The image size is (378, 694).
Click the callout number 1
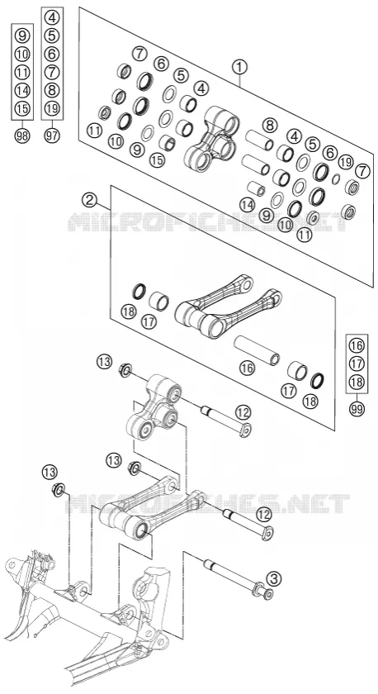pyautogui.click(x=239, y=67)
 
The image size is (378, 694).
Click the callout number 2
pyautogui.click(x=89, y=200)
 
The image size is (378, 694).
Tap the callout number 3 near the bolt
pyautogui.click(x=274, y=578)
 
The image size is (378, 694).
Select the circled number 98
pyautogui.click(x=21, y=135)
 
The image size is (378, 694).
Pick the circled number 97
pyautogui.click(x=52, y=135)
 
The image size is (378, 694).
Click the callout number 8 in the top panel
pyautogui.click(x=269, y=126)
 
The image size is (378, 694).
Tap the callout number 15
pyautogui.click(x=157, y=159)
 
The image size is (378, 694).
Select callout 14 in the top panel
pyautogui.click(x=248, y=204)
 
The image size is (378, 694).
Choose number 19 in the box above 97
pyautogui.click(x=52, y=108)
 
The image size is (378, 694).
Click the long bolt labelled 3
pyautogui.click(x=238, y=578)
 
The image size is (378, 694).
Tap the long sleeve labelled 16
pyautogui.click(x=257, y=349)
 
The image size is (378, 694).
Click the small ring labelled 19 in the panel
pyautogui.click(x=336, y=178)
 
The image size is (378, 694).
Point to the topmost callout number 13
pyautogui.click(x=104, y=362)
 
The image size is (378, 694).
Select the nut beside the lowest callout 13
pyautogui.click(x=58, y=489)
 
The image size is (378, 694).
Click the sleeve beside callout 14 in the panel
pyautogui.click(x=256, y=188)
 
